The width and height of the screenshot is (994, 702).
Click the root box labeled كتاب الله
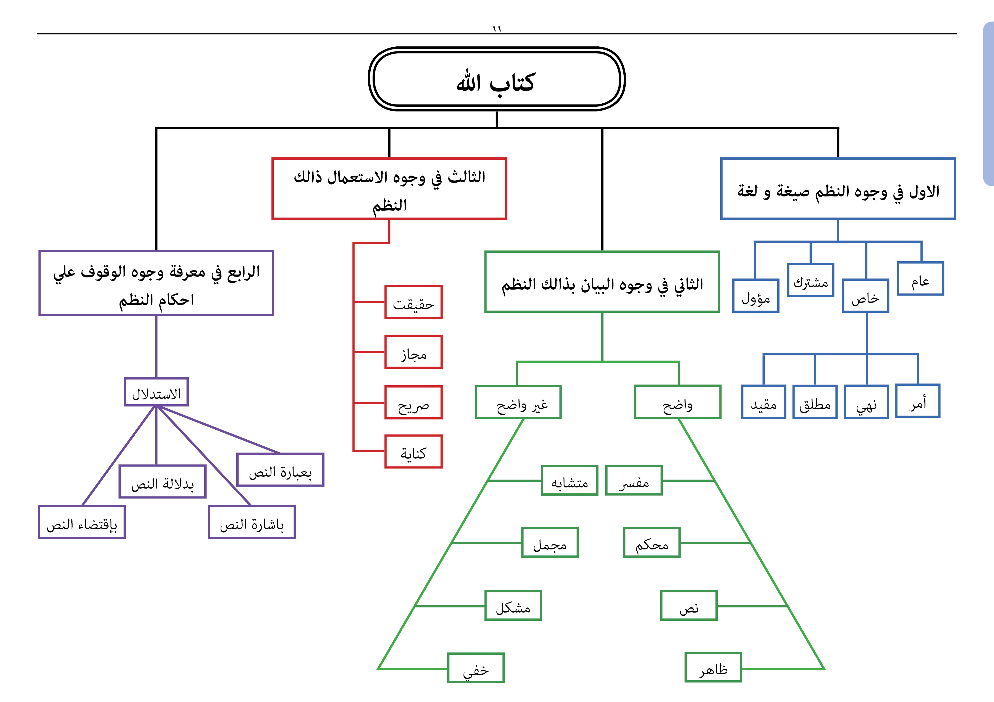496,79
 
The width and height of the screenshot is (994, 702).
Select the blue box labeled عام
920,279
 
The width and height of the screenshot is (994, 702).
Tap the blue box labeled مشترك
810,280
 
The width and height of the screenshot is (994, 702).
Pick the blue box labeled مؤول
755,296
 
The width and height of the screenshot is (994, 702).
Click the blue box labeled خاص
865,296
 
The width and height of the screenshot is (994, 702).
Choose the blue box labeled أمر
918,401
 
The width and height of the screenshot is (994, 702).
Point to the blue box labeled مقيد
763,402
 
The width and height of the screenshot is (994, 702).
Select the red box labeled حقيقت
413,302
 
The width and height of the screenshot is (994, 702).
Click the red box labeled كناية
413,451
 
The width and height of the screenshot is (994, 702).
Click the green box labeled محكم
651,542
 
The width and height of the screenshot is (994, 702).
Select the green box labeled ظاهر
713,667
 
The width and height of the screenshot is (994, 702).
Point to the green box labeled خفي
476,668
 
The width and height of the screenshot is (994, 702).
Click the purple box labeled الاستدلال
156,392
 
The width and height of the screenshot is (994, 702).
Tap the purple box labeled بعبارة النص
280,470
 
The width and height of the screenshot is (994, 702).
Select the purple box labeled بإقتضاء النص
82,522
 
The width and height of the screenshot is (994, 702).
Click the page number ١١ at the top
496,29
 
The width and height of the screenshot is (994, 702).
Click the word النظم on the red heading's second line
390,205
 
